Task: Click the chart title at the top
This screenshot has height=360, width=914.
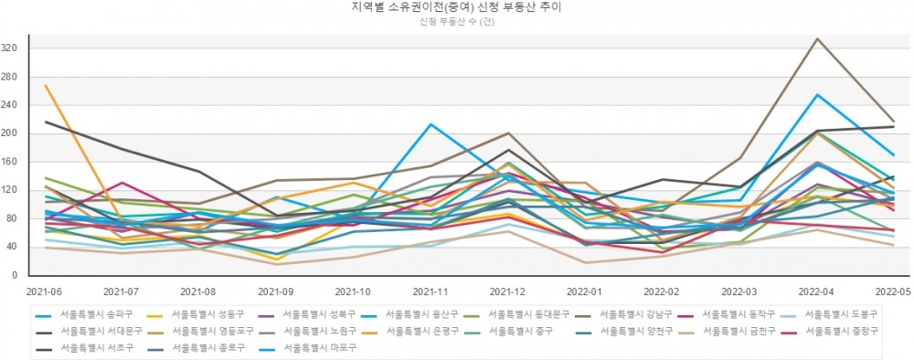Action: pos(456,6)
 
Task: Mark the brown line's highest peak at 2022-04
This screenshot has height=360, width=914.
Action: pos(816,38)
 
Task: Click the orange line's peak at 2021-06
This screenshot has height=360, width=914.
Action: pos(45,85)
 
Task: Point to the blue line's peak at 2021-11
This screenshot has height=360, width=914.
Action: pos(430,124)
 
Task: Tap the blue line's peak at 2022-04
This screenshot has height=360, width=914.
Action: pos(816,94)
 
